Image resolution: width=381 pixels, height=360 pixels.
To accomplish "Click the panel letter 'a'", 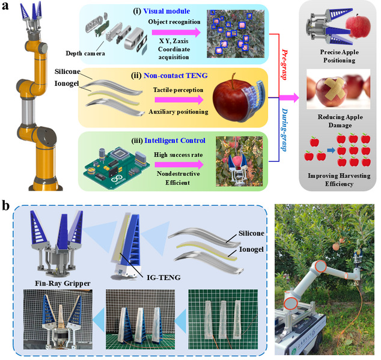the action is point(5,5).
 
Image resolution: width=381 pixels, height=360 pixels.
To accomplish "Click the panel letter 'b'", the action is point(5,206).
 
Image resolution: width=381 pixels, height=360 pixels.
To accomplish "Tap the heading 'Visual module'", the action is point(166,11).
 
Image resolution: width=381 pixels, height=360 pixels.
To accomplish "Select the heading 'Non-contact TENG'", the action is point(175,76).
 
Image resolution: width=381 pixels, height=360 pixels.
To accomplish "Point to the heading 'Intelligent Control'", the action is point(175,141).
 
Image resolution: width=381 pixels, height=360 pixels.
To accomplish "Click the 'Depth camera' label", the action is point(85,53).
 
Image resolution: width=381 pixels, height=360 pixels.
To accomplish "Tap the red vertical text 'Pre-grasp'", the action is point(284,65).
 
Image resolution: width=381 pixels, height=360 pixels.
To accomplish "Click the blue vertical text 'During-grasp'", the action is point(284,130).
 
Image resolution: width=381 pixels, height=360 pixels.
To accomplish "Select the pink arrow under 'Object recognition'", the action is point(177,32).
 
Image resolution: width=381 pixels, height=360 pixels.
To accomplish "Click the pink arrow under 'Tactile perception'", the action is point(179,100).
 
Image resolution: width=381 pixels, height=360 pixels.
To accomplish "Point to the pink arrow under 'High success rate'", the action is point(179,165).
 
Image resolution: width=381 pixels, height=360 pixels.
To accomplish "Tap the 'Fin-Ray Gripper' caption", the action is point(62,284).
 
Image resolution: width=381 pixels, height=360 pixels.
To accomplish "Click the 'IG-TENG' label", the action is point(164,277).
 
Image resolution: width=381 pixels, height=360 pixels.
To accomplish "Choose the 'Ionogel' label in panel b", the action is point(251,249).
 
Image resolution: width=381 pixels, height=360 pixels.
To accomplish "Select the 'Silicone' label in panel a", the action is point(67,72).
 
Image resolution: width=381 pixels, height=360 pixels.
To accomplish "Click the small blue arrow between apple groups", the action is point(331,150).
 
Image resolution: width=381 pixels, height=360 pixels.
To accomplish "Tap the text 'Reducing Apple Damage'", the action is point(340,121).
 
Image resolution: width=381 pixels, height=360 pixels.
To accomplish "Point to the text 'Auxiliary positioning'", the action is point(178,112).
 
